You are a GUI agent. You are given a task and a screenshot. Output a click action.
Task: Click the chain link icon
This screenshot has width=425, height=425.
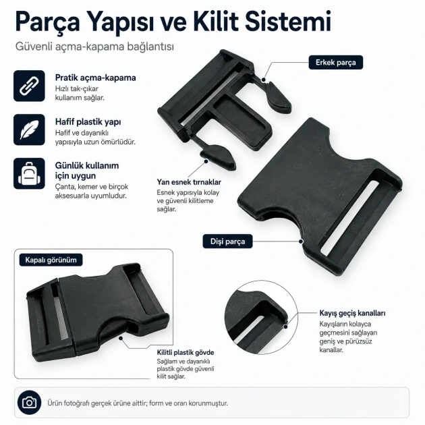pyautogui.click(x=29, y=86)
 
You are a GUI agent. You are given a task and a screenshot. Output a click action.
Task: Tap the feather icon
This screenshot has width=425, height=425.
pyautogui.click(x=29, y=130)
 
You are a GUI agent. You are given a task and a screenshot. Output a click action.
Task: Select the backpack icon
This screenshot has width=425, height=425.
pyautogui.click(x=29, y=173)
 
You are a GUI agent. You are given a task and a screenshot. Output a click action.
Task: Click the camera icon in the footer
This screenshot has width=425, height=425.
pyautogui.click(x=29, y=403)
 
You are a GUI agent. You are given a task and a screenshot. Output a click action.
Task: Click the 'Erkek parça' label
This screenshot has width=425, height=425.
pyautogui.click(x=335, y=62)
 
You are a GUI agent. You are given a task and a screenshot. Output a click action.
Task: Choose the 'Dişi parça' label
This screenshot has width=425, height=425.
pyautogui.click(x=227, y=242)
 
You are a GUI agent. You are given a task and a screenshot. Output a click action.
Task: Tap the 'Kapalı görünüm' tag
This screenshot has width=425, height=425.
pyautogui.click(x=51, y=260)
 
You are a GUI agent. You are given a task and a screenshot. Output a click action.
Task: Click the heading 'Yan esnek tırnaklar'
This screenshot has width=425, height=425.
pyautogui.click(x=189, y=182)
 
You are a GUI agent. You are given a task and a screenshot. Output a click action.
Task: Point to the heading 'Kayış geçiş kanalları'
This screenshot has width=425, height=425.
pyautogui.click(x=352, y=313)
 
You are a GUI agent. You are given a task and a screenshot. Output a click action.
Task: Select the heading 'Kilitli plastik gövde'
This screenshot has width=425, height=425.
pyautogui.click(x=186, y=352)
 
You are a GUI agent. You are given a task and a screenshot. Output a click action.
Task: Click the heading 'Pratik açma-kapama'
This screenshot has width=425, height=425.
pyautogui.click(x=95, y=78)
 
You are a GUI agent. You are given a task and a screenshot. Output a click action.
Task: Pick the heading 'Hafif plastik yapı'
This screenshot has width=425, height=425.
pyautogui.click(x=88, y=121)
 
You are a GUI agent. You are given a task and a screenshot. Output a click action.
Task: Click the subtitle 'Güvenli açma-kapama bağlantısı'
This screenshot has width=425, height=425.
pyautogui.click(x=94, y=47)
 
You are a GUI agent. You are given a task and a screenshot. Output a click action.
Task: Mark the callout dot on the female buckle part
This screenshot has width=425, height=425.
pyautogui.click(x=301, y=242)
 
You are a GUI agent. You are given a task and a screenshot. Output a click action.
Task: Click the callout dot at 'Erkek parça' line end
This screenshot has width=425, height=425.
pyautogui.click(x=264, y=80)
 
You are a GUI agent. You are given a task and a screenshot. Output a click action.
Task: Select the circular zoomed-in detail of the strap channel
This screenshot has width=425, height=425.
pyautogui.click(x=261, y=317)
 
